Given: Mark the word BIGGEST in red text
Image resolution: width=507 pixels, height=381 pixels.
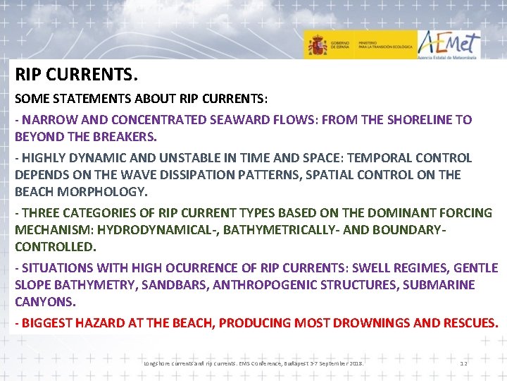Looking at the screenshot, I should point(46,323).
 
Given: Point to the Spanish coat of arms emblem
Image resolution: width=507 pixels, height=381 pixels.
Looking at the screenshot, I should point(316,45).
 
